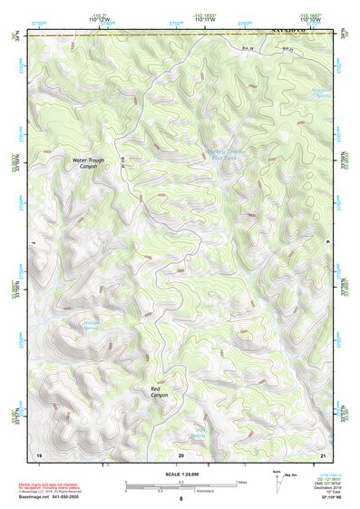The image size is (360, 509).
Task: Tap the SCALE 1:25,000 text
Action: pos(180,475)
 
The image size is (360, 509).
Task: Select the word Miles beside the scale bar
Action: pos(240,482)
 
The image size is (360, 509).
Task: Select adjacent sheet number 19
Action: pos(39,454)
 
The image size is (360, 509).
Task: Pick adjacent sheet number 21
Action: pos(322,454)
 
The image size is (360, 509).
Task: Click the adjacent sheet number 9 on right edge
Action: pos(327,243)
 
